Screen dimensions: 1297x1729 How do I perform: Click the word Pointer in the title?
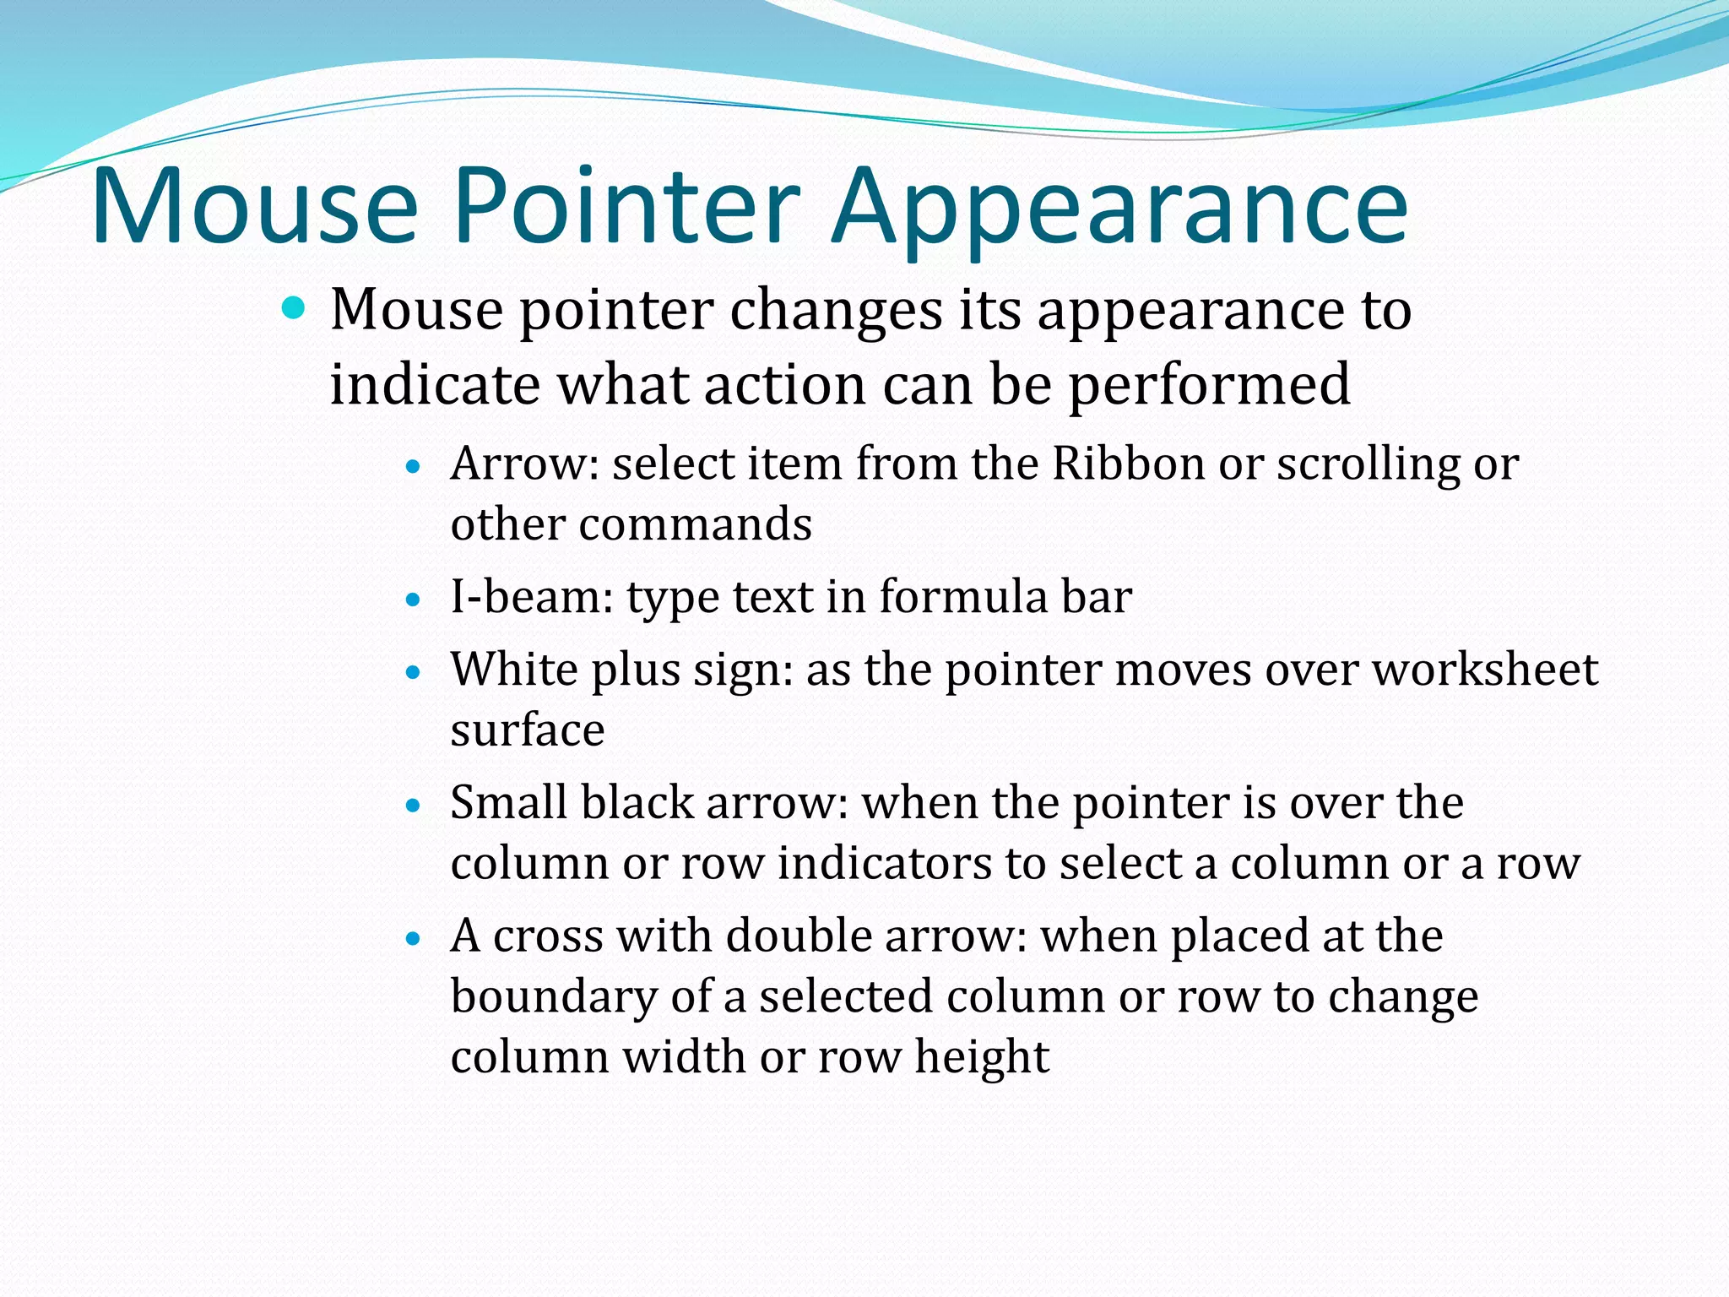pos(626,207)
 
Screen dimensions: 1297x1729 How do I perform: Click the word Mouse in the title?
pos(255,207)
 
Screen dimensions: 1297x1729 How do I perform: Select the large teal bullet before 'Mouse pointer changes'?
pos(293,309)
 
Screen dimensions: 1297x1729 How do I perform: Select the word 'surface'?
pos(528,730)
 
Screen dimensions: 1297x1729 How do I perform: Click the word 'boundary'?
pos(554,997)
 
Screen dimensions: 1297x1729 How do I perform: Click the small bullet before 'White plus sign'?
pos(413,673)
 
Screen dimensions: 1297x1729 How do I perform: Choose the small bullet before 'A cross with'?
pos(413,938)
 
